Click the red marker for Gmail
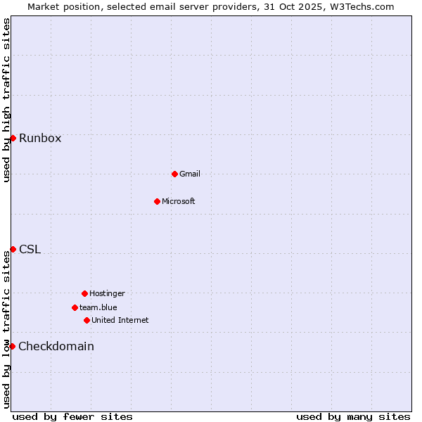coord(174,174)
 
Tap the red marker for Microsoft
coord(157,201)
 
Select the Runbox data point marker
coord(13,138)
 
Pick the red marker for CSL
coord(13,249)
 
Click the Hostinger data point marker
coord(84,293)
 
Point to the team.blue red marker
coord(75,307)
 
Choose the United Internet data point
coord(87,320)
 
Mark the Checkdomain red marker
coord(12,346)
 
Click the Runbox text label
coord(40,138)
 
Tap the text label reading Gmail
coord(190,174)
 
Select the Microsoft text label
coord(179,201)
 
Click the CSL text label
coord(30,249)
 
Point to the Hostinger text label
coord(107,293)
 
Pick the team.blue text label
coord(98,307)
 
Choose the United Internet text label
coord(120,320)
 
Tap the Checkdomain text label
coord(56,346)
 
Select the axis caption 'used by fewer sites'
coord(72,416)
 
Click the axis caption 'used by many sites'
coord(353,416)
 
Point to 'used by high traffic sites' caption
coord(6,100)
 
